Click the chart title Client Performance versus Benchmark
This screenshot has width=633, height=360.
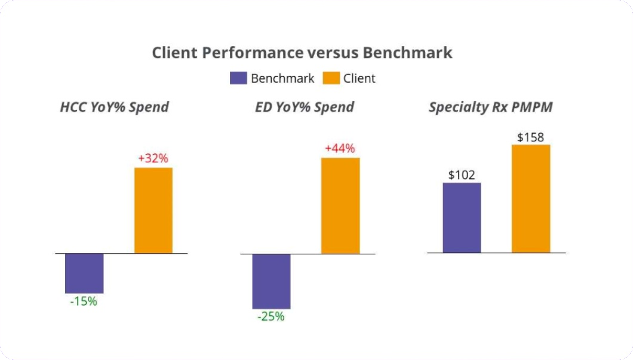point(302,53)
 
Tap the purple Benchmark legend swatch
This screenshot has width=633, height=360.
point(238,78)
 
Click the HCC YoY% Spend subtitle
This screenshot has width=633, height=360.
point(114,107)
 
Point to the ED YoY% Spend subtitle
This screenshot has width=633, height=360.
point(304,107)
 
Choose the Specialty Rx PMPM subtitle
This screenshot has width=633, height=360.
point(490,107)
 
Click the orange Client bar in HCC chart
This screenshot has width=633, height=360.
point(153,210)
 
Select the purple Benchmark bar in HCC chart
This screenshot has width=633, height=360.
point(84,273)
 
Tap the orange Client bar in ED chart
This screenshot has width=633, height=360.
point(340,205)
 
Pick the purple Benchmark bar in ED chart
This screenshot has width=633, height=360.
point(271,281)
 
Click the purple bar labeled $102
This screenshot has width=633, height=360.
point(462,217)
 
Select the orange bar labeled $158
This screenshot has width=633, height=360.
point(531,198)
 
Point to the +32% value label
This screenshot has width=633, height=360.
point(153,159)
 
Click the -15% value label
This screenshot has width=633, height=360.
point(84,301)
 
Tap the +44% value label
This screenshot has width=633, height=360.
point(340,149)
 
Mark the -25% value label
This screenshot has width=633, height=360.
point(271,316)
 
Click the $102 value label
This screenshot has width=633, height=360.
point(462,175)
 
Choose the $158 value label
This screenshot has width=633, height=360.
point(530,137)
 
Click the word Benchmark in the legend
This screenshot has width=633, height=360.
point(282,78)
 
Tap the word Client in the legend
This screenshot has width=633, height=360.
point(359,78)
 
